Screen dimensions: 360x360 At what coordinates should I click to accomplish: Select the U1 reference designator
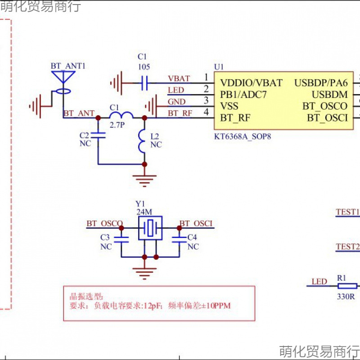click(219, 67)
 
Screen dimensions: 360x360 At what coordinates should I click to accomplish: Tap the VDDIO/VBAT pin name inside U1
click(251, 83)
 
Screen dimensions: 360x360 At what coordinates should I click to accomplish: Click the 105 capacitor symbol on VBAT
click(144, 83)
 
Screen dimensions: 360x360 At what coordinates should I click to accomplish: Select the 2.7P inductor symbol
click(121, 116)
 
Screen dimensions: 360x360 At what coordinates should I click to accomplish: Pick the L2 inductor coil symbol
click(144, 141)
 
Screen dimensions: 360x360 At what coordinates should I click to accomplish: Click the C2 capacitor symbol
click(98, 135)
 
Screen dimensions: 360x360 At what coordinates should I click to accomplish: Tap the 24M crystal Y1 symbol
click(150, 228)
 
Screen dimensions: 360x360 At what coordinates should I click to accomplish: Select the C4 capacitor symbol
click(180, 239)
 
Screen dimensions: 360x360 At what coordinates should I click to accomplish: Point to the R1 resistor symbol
click(347, 286)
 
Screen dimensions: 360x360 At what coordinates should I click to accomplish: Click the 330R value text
click(346, 297)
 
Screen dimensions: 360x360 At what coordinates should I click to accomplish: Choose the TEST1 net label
click(348, 212)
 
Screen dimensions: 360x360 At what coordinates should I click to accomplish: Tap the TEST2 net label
click(348, 247)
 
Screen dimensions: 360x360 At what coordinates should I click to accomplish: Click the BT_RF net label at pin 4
click(180, 113)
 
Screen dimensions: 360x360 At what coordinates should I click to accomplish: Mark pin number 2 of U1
click(206, 89)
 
